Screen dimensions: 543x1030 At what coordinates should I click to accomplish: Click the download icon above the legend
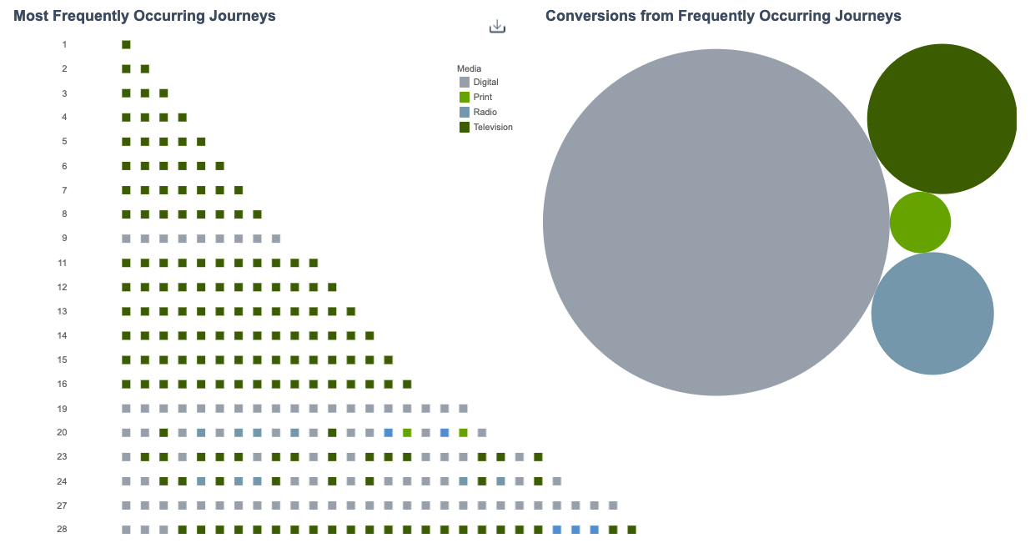point(497,27)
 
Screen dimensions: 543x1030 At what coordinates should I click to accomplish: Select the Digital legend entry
point(485,83)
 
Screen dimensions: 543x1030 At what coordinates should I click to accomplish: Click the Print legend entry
point(482,98)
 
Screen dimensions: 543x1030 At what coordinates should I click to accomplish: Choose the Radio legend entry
point(485,112)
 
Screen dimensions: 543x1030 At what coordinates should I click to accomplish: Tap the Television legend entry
point(492,128)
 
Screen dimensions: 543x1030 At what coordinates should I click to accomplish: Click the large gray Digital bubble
point(716,222)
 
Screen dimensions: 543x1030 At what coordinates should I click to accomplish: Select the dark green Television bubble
point(942,118)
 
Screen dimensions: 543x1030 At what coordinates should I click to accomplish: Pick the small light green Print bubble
point(920,222)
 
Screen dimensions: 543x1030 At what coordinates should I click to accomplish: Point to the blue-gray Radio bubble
point(932,314)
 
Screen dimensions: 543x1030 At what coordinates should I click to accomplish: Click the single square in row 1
point(126,45)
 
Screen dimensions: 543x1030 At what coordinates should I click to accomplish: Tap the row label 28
point(63,530)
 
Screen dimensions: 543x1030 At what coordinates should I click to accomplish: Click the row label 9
point(64,239)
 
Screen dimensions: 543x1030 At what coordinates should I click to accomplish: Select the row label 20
point(63,433)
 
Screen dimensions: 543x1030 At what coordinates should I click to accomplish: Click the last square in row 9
point(276,239)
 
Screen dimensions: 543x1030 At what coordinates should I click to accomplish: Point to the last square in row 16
point(407,385)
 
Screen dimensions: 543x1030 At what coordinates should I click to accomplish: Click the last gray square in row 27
point(613,505)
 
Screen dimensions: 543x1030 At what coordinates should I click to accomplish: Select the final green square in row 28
point(631,530)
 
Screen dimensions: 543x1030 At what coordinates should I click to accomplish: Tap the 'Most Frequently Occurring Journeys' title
point(144,16)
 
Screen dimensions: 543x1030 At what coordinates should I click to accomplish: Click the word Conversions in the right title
point(584,16)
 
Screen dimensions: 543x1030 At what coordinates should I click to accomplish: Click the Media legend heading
point(469,68)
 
